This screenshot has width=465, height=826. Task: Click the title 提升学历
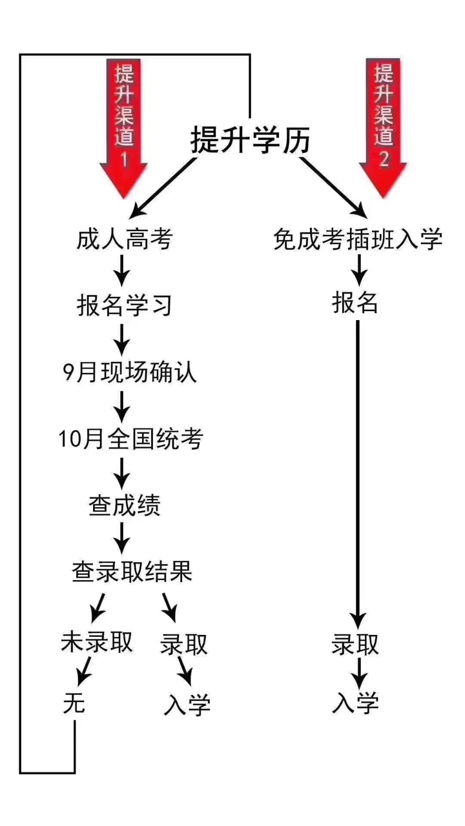[x=250, y=140]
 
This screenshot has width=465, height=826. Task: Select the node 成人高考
[x=124, y=240]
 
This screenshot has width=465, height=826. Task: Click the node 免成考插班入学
[x=357, y=240]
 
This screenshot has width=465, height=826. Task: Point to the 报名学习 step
[x=124, y=305]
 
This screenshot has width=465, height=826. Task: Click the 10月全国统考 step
[x=130, y=439]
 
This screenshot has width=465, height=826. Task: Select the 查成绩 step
[x=124, y=506]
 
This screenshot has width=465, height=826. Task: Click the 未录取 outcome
[x=97, y=642]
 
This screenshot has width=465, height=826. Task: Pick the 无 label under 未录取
[x=74, y=704]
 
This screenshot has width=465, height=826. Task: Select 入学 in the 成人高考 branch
[x=187, y=705]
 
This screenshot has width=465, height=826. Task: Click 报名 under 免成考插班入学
[x=355, y=303]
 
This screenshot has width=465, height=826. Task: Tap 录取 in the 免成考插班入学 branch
[x=355, y=645]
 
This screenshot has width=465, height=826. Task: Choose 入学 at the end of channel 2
[x=355, y=703]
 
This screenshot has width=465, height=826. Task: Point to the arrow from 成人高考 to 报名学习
[x=121, y=272]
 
